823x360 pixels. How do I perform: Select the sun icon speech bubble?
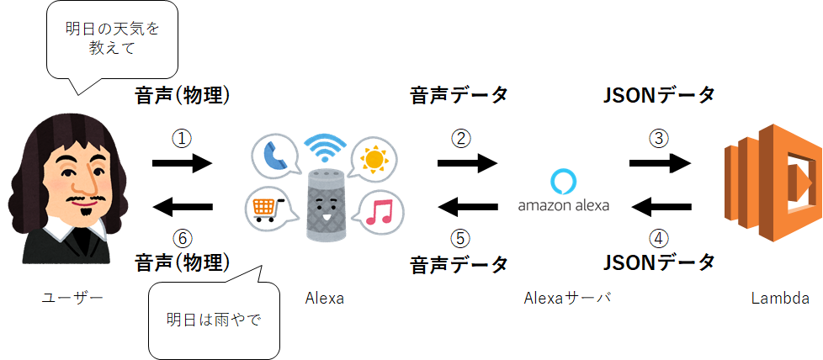(x=374, y=159)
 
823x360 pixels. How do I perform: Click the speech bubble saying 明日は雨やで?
(x=215, y=320)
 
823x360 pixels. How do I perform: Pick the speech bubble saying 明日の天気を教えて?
(x=112, y=40)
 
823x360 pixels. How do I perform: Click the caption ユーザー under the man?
(x=72, y=297)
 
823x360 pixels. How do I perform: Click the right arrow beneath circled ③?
(x=661, y=164)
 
